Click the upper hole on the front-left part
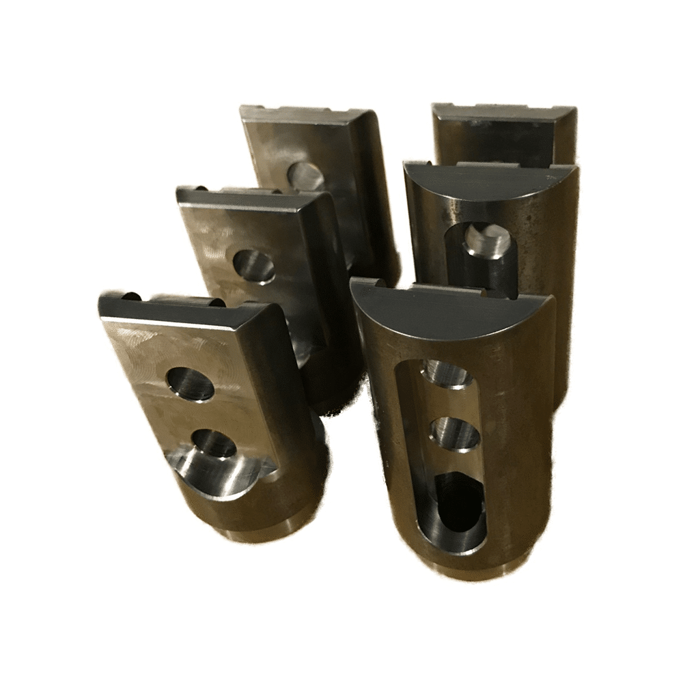(191, 383)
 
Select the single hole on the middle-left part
(254, 266)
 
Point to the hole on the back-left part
(305, 176)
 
